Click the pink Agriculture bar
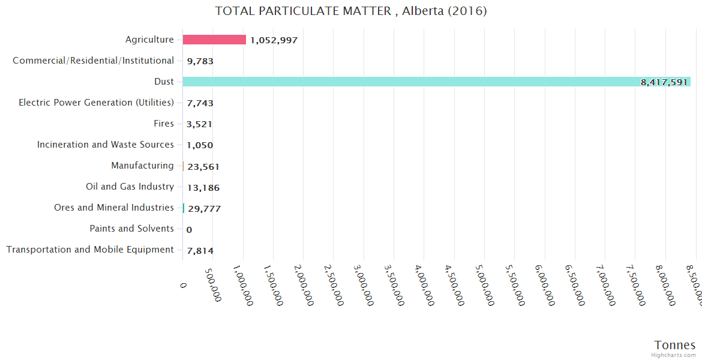click(214, 40)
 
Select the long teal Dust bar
click(420, 82)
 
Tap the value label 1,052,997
click(274, 40)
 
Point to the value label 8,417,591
click(664, 82)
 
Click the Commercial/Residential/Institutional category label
click(93, 61)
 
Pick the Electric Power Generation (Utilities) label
click(96, 103)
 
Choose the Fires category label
click(164, 124)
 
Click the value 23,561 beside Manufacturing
click(203, 167)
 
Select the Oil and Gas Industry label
click(130, 187)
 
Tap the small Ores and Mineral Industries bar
click(184, 208)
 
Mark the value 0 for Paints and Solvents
click(189, 230)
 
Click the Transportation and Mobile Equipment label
click(90, 250)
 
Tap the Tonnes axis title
click(674, 345)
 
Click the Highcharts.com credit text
click(673, 355)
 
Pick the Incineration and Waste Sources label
click(106, 145)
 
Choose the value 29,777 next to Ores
click(204, 209)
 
